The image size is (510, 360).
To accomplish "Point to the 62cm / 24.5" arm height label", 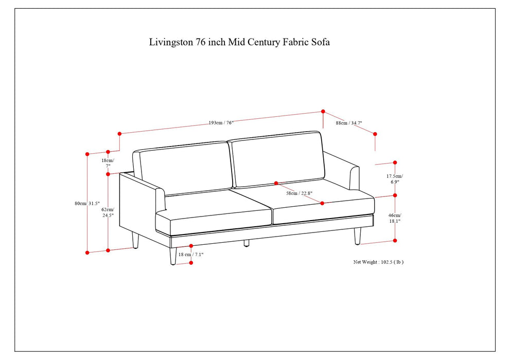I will [x=107, y=212].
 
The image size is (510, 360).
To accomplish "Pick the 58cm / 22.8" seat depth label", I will [x=300, y=193].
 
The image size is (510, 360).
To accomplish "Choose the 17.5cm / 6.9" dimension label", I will [x=395, y=178].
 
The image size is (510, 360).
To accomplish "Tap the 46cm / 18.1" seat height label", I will [x=395, y=218].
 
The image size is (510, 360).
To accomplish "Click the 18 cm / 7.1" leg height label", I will [x=191, y=255].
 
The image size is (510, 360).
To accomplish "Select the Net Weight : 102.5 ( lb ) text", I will [x=378, y=262].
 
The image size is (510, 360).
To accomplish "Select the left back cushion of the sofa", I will [x=185, y=169].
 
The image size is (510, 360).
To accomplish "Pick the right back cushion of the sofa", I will [x=278, y=158].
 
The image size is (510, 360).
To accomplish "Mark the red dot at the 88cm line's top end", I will [x=323, y=111].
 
